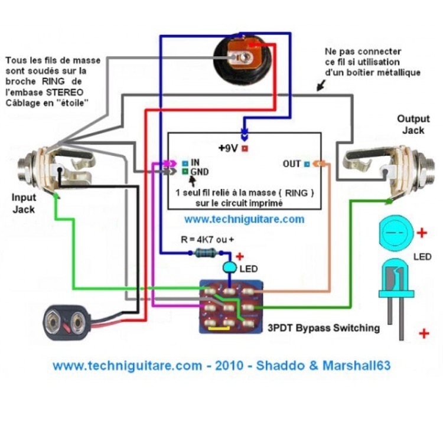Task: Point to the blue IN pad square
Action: [185, 162]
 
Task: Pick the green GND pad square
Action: [185, 172]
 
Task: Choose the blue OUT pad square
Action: [307, 164]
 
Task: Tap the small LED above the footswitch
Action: [229, 269]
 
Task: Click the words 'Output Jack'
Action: [413, 124]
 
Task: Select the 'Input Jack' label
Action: [24, 203]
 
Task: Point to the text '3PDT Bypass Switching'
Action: [324, 328]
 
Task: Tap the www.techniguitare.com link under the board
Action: [244, 219]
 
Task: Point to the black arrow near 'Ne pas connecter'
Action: [320, 86]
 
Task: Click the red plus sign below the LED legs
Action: [424, 334]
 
